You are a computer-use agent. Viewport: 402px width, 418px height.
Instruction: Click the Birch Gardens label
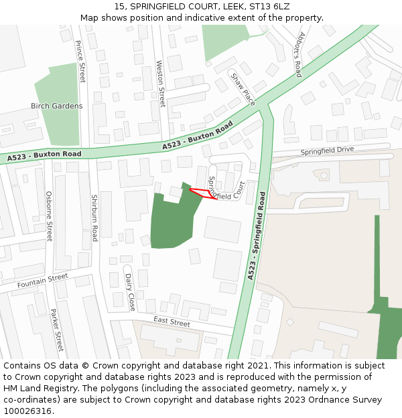click(x=57, y=106)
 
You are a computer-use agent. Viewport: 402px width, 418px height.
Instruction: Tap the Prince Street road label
click(x=80, y=61)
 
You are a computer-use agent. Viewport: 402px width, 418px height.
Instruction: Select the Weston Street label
click(x=161, y=84)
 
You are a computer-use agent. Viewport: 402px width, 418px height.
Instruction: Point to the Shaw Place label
click(x=243, y=89)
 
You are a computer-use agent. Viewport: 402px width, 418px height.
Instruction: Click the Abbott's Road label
click(x=301, y=55)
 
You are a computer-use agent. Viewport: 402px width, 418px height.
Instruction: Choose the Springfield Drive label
click(x=327, y=150)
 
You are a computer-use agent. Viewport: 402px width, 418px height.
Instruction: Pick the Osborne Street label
click(x=49, y=215)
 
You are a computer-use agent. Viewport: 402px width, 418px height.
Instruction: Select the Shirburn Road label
click(x=94, y=218)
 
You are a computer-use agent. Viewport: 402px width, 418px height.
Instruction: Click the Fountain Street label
click(x=42, y=281)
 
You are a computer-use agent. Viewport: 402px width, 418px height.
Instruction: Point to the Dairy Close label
click(x=129, y=292)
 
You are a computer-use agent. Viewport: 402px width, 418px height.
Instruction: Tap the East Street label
click(x=172, y=322)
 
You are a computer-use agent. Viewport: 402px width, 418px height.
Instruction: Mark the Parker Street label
click(x=56, y=330)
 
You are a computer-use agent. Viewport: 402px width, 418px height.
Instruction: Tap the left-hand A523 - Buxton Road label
click(x=44, y=155)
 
